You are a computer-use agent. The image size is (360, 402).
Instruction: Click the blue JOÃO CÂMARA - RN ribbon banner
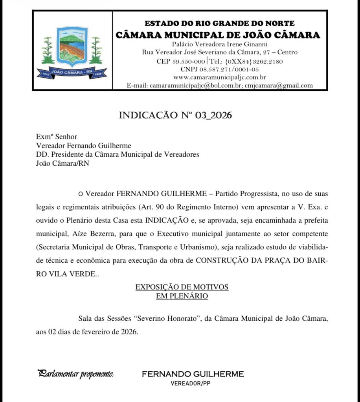point(72,72)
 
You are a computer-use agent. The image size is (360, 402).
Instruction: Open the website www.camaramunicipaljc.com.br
point(220,77)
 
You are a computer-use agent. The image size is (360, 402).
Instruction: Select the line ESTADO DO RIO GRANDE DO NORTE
point(220,24)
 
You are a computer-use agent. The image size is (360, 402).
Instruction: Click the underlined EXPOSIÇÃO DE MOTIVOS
point(182,287)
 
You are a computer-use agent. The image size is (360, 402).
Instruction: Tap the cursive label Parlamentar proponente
point(75,374)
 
